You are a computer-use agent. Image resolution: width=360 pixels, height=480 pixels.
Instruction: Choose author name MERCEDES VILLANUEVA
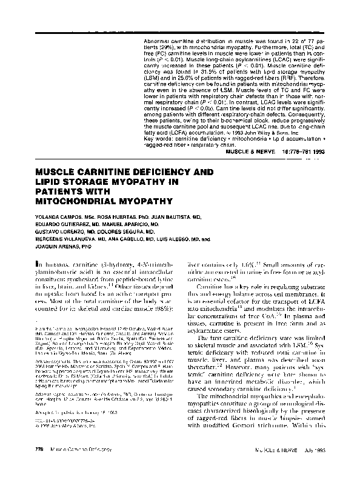(65, 239)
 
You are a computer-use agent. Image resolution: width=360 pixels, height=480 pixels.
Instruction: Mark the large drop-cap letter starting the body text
(38, 264)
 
